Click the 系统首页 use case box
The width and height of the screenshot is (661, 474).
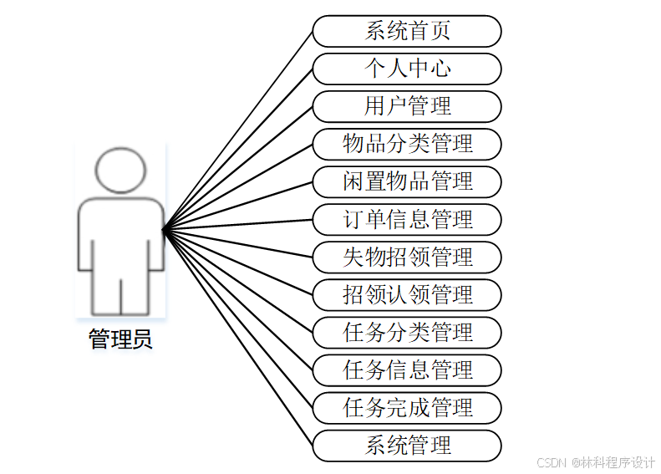pyautogui.click(x=407, y=31)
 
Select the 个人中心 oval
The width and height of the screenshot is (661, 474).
pyautogui.click(x=407, y=69)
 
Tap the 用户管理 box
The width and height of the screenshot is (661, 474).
pyautogui.click(x=407, y=106)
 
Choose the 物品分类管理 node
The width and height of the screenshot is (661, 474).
pyautogui.click(x=407, y=144)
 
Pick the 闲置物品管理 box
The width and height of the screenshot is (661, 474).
pyautogui.click(x=407, y=181)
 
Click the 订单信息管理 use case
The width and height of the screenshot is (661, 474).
pyautogui.click(x=407, y=219)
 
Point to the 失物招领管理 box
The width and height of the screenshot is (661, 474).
pyautogui.click(x=407, y=257)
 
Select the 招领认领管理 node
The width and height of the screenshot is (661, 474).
pyautogui.click(x=407, y=294)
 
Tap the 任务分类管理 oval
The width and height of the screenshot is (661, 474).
pyautogui.click(x=407, y=332)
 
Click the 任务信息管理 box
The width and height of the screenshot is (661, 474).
pyautogui.click(x=407, y=370)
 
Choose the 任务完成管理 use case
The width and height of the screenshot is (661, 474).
pyautogui.click(x=407, y=407)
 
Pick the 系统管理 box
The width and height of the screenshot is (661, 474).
pyautogui.click(x=407, y=445)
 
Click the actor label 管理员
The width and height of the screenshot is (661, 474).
pyautogui.click(x=120, y=340)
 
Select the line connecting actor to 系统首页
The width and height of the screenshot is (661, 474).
pyautogui.click(x=238, y=130)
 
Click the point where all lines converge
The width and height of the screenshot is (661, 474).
pyautogui.click(x=164, y=228)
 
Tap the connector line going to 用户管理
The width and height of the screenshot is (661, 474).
pyautogui.click(x=238, y=167)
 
